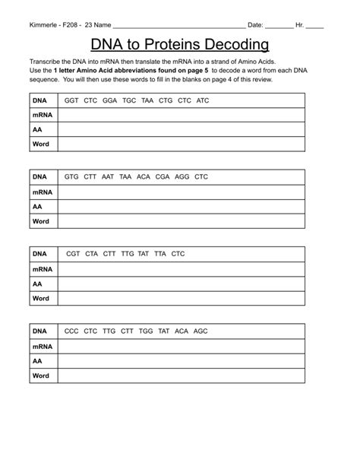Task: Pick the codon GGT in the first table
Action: (x=71, y=100)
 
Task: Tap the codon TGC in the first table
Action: (x=128, y=100)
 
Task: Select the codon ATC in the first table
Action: (x=202, y=100)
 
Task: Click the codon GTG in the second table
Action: (x=71, y=177)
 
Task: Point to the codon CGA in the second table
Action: (x=163, y=177)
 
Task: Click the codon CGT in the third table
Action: (x=73, y=254)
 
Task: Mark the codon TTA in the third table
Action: (x=159, y=254)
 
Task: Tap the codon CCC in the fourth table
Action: (x=71, y=331)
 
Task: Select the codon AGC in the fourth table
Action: (x=200, y=331)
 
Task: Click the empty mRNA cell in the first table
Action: (x=181, y=116)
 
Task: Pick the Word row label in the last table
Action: (x=40, y=376)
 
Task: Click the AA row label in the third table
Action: (x=37, y=284)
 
